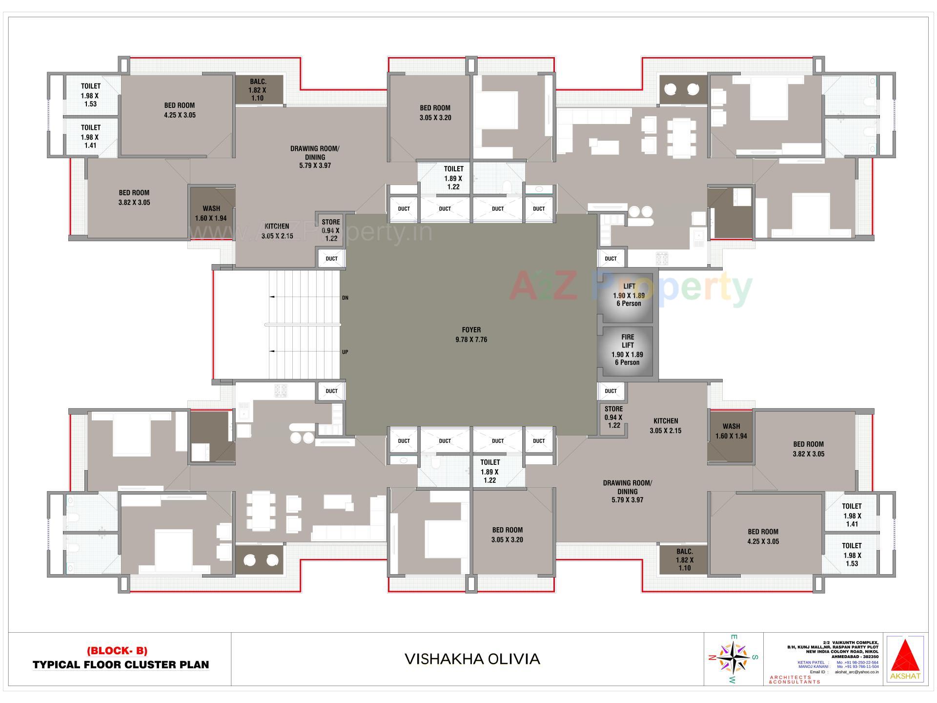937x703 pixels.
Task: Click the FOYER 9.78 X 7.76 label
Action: [x=471, y=334]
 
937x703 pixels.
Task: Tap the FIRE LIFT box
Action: [x=628, y=350]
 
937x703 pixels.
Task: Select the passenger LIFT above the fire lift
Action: [x=628, y=295]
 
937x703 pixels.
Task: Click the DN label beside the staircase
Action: [x=345, y=298]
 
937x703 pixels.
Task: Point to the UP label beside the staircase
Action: [x=345, y=352]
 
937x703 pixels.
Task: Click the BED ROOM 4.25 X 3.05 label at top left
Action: [x=179, y=110]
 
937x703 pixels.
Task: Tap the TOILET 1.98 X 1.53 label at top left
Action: [x=91, y=95]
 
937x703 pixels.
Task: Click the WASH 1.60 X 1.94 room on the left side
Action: [x=211, y=213]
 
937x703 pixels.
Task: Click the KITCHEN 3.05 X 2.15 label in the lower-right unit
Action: [x=666, y=426]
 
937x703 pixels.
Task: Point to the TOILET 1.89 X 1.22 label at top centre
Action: [x=453, y=178]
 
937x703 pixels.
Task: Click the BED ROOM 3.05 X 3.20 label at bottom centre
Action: [x=507, y=535]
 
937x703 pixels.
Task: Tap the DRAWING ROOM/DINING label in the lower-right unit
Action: [x=627, y=491]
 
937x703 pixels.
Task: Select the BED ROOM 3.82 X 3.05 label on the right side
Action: [x=808, y=449]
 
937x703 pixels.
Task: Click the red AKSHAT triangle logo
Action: [x=905, y=657]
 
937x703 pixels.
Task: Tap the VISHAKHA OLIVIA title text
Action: [x=472, y=659]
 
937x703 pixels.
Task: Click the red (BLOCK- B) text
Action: [x=117, y=651]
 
